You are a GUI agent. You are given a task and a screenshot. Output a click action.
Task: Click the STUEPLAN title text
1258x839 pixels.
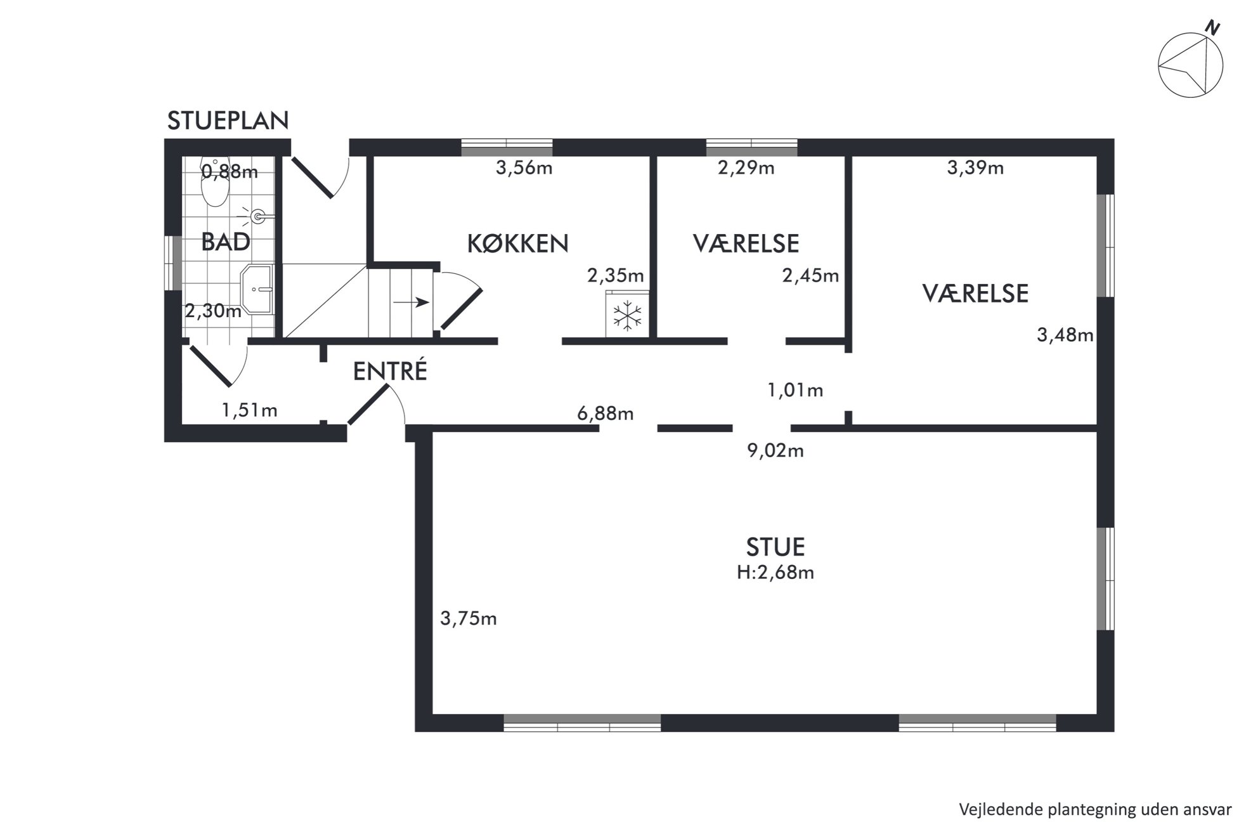pos(228,120)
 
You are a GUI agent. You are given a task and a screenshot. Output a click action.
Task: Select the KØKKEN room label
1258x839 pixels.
pos(517,244)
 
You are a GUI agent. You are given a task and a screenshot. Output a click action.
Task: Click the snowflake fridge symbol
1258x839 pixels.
pos(627,316)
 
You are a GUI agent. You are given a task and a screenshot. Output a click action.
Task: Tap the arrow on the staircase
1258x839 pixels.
pos(411,302)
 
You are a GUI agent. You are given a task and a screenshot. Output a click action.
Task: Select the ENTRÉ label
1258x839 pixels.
pos(390,372)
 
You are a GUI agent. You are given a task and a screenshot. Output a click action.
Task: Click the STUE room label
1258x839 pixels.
pos(775,547)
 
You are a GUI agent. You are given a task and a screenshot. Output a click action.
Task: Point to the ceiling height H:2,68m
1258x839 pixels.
pos(775,573)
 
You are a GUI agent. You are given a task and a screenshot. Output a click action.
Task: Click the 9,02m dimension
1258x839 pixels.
pos(775,451)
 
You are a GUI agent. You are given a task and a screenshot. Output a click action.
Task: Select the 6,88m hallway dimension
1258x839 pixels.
pos(606,413)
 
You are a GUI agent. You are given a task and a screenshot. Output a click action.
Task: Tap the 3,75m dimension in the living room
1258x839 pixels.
pos(469,618)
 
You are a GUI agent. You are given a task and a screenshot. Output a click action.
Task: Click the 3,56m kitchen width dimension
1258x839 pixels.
pos(524,168)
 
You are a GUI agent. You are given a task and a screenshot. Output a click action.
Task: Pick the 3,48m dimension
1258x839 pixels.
pos(1065,335)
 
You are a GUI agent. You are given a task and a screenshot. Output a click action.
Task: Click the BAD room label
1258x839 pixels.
pos(226,242)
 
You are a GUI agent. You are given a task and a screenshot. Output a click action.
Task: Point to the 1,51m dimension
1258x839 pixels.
pos(249,410)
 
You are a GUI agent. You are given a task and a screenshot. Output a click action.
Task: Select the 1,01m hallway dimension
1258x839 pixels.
pos(795,390)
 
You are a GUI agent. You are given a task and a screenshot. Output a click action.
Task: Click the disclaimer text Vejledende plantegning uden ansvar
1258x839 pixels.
pos(1095,809)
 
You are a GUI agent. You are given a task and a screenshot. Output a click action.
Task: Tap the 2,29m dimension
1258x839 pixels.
pos(746,168)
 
